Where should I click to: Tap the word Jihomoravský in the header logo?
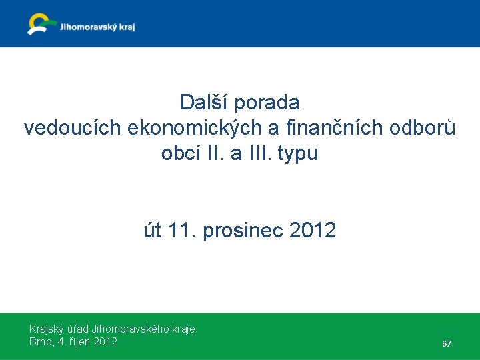click(x=86, y=27)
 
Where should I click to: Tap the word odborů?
click(x=425, y=128)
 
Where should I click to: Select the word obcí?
click(x=179, y=153)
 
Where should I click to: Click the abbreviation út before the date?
click(x=153, y=231)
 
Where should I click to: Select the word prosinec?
click(x=243, y=231)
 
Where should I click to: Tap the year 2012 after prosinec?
click(x=313, y=231)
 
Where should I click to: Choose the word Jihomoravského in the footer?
click(x=126, y=329)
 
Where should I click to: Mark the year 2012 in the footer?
click(x=105, y=341)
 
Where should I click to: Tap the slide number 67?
click(x=447, y=344)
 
